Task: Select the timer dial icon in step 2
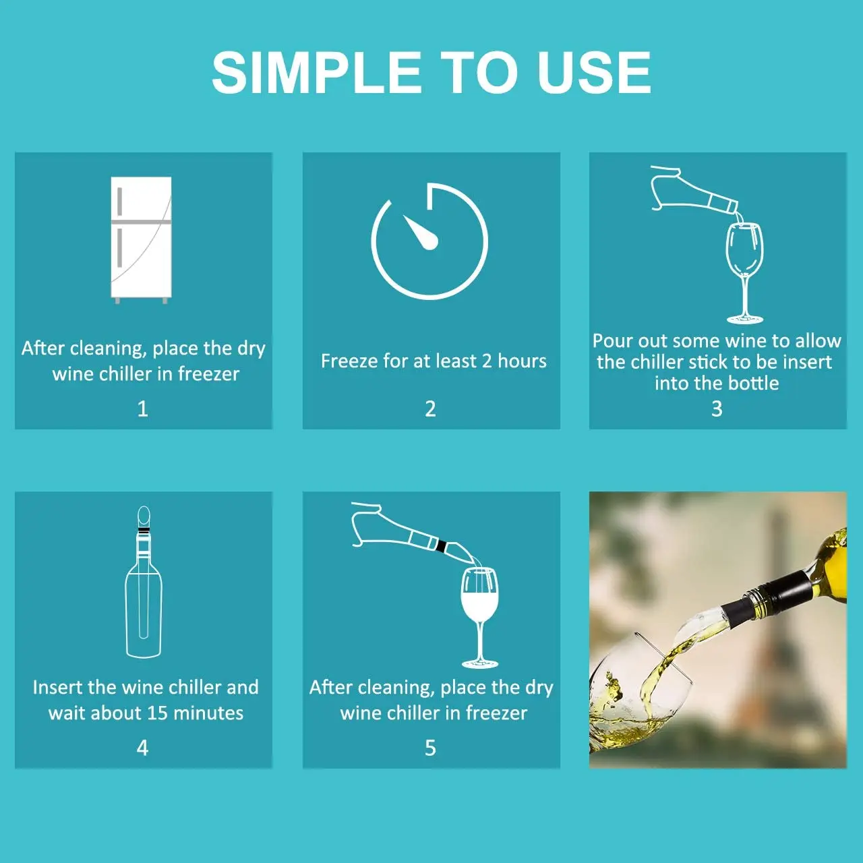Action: (429, 241)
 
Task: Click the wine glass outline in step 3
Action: (744, 270)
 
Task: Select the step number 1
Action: (142, 409)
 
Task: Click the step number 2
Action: (430, 409)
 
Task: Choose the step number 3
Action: (717, 409)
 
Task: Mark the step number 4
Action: (142, 748)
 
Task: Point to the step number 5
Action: (430, 748)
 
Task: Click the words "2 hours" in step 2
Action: (514, 361)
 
